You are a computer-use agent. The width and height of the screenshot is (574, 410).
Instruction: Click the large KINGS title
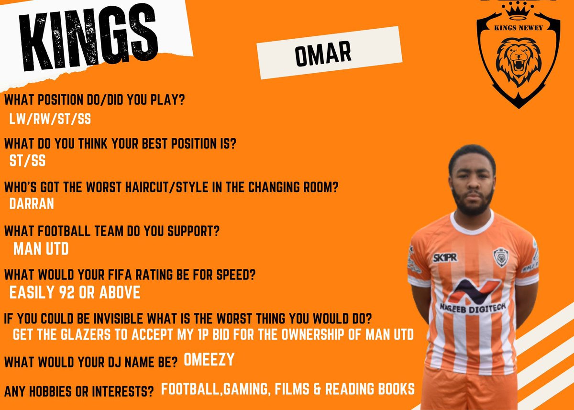[84, 41]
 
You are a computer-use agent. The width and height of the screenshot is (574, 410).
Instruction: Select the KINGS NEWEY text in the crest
[519, 27]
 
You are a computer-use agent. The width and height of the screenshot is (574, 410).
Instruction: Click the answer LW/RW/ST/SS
[50, 119]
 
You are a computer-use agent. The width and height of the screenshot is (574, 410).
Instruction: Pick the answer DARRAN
[32, 204]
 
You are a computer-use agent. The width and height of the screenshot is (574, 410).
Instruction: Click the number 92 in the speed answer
[67, 292]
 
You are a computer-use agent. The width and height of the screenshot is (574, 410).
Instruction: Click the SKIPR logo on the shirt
[444, 257]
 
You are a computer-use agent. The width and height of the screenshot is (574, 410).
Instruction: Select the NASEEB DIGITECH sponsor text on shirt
[473, 307]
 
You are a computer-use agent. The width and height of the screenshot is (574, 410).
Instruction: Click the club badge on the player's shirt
[500, 256]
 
